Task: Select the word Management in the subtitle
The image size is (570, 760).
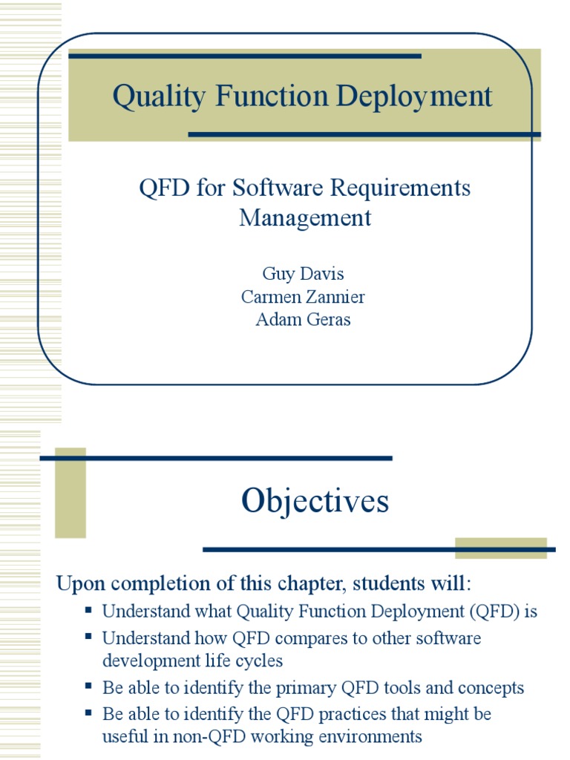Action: (x=305, y=218)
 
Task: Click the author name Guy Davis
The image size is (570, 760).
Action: (x=304, y=273)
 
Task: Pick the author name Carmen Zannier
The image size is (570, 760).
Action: (x=304, y=297)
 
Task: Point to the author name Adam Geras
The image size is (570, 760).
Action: (x=304, y=321)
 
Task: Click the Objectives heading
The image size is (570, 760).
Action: (x=315, y=501)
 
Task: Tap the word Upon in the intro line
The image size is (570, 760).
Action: (x=78, y=583)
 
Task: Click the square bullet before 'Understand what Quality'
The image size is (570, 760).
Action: (x=88, y=611)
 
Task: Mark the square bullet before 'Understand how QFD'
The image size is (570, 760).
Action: (x=88, y=637)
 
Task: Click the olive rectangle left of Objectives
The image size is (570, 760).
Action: (x=71, y=493)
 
